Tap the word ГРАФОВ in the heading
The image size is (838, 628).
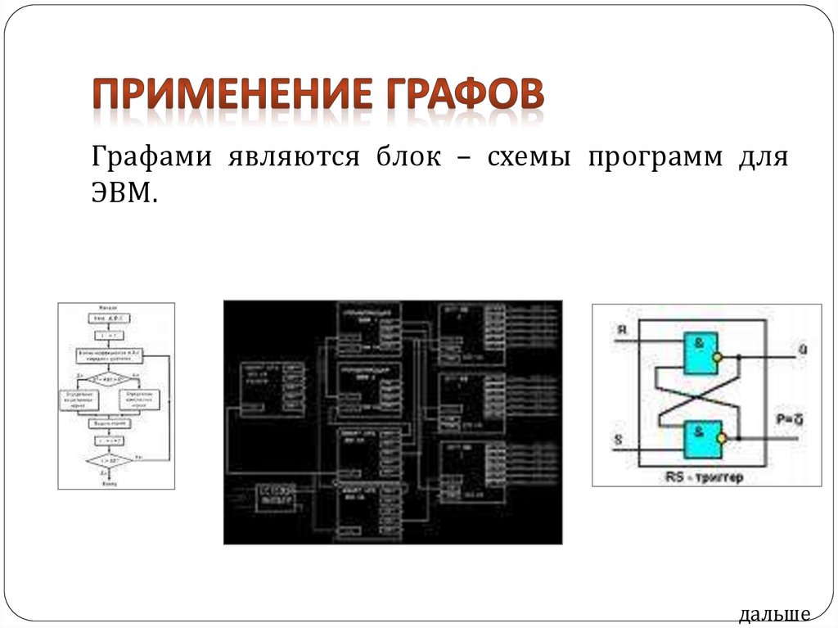point(463,97)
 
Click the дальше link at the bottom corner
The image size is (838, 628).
point(773,613)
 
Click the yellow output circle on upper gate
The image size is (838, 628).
point(717,357)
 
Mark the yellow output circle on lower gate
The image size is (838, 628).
point(720,438)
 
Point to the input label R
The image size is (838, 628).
point(622,331)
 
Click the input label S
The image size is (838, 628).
point(618,441)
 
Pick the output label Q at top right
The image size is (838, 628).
point(802,350)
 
